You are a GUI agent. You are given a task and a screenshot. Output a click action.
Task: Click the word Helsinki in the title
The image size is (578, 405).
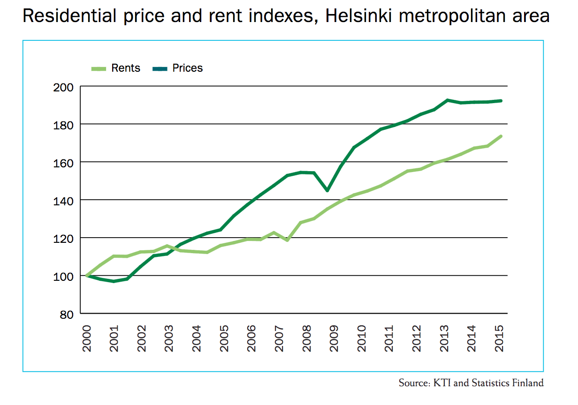(x=358, y=16)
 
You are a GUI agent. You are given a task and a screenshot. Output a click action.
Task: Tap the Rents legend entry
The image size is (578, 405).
(x=116, y=68)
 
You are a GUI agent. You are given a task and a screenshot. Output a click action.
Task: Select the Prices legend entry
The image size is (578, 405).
(x=177, y=68)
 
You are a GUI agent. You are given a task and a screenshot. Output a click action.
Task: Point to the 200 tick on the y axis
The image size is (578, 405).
(x=63, y=88)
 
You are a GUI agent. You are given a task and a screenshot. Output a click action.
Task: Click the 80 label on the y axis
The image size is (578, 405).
(x=67, y=315)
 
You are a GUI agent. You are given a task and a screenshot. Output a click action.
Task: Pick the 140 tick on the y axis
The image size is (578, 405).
(x=63, y=202)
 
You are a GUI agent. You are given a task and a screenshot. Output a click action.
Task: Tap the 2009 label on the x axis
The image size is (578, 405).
(x=334, y=338)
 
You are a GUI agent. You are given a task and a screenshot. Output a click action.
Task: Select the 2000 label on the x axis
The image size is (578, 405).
(x=87, y=338)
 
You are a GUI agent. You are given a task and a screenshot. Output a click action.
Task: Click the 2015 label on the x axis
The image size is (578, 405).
(x=499, y=338)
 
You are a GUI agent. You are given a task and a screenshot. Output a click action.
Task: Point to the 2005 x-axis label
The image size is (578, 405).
(x=224, y=338)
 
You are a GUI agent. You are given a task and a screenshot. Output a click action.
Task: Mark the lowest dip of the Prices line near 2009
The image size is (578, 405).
(x=327, y=191)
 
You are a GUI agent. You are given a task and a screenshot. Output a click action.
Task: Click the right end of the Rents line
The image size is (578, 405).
(x=501, y=136)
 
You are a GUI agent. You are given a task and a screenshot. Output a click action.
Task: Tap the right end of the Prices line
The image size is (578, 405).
(x=501, y=101)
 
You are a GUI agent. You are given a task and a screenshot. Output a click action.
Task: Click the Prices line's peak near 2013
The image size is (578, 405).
(x=448, y=100)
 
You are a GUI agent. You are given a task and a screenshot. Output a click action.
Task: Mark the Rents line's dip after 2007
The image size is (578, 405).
(x=287, y=240)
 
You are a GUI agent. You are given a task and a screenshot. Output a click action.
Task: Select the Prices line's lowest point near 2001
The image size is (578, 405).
(x=114, y=281)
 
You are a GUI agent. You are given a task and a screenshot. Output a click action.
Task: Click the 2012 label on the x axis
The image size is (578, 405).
(x=417, y=338)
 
